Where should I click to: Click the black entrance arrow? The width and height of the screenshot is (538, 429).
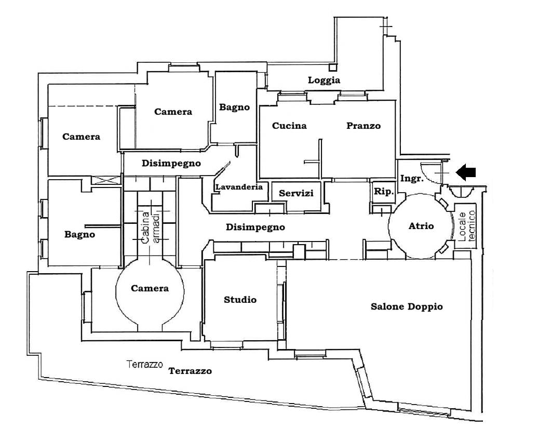[468, 172]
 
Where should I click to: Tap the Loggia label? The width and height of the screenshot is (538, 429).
[324, 80]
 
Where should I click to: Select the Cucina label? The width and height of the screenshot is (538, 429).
[289, 126]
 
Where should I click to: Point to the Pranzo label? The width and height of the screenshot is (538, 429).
[364, 126]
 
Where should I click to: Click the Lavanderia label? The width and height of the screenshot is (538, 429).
[239, 187]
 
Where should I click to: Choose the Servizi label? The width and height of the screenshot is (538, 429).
[296, 193]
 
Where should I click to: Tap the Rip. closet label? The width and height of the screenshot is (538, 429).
[384, 191]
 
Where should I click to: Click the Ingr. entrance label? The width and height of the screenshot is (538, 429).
[412, 178]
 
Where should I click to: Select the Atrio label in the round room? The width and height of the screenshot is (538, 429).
[421, 226]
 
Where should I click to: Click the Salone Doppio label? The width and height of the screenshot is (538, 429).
[407, 306]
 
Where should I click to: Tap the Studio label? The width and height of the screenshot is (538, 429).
[240, 300]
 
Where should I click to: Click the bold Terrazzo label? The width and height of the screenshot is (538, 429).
[190, 371]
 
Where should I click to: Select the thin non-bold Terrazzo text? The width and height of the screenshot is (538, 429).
[145, 365]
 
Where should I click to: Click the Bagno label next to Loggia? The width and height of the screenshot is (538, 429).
[234, 108]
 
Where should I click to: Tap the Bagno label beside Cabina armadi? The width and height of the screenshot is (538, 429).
[79, 234]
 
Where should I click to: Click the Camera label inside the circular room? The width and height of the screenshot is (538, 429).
[150, 288]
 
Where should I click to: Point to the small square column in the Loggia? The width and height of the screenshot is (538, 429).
[333, 66]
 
